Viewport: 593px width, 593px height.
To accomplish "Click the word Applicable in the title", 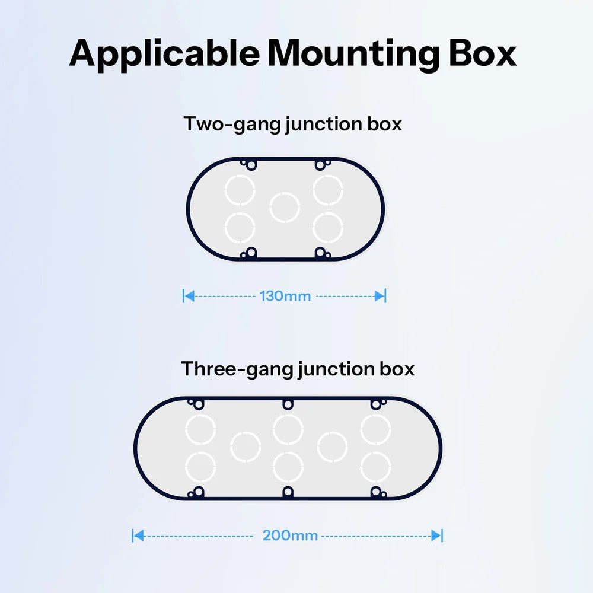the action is (x=164, y=54).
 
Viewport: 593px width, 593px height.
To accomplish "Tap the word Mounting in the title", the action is (x=353, y=54).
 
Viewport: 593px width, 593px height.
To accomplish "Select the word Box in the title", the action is (x=483, y=53).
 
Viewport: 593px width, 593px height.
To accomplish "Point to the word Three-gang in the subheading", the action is (x=237, y=369).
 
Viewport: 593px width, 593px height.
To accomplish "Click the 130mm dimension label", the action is (x=285, y=296).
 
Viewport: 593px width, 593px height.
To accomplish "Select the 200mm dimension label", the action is (x=290, y=535).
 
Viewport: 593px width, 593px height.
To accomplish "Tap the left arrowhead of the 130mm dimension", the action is (x=189, y=296).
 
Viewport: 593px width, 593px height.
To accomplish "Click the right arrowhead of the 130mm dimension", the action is (x=380, y=296).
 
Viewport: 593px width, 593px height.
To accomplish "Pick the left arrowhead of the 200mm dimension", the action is (x=138, y=535).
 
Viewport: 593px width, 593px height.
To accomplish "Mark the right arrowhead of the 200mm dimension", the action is (x=436, y=535).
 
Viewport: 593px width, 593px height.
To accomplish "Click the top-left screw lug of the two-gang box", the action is (x=249, y=165).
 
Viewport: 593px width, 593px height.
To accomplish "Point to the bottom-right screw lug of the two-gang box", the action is (x=322, y=253).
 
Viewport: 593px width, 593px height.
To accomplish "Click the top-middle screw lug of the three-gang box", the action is (x=288, y=404).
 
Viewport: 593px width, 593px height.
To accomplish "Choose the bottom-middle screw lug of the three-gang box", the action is (x=288, y=492).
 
